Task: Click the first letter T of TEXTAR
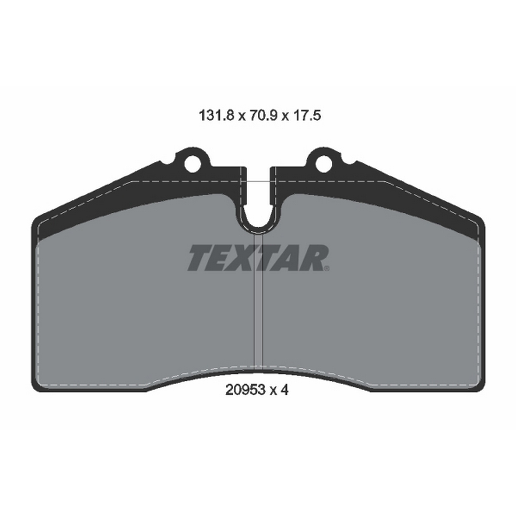(199, 258)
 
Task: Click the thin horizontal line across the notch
(258, 182)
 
